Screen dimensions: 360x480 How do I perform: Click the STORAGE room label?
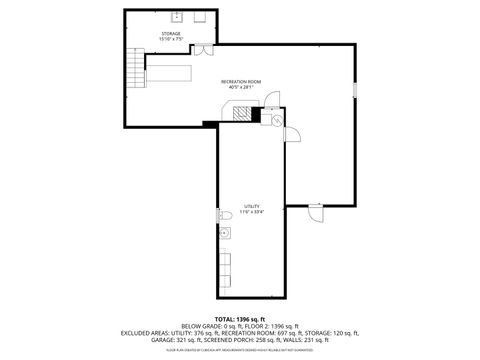pos(171,33)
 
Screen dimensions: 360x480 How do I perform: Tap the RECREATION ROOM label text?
pos(239,81)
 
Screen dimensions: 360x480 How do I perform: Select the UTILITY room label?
pos(251,206)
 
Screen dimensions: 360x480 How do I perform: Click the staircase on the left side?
pos(136,69)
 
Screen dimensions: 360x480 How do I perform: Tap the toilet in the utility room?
pos(222,215)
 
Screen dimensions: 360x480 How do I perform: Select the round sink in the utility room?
pos(225,234)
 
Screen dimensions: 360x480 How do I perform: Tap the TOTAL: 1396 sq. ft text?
pos(239,317)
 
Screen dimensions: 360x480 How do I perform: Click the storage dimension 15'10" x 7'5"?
pos(171,39)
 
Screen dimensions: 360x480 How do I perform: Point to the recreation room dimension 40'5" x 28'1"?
pos(239,87)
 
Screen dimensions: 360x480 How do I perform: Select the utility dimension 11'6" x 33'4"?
pos(251,212)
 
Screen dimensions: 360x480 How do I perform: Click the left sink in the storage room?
pos(176,17)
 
